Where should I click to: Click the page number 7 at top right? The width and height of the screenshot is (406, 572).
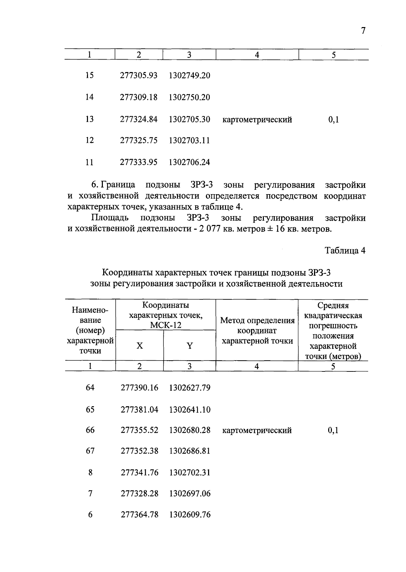click(363, 31)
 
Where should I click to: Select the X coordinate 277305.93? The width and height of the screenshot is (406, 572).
click(139, 75)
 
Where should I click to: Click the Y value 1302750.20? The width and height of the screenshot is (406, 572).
click(189, 97)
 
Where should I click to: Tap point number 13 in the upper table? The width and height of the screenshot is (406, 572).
click(89, 119)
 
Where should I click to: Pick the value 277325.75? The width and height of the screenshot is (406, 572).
click(139, 140)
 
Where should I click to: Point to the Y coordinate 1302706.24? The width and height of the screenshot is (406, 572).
click(189, 162)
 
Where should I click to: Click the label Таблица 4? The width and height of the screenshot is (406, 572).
click(345, 251)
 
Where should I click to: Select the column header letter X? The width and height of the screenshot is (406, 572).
click(139, 346)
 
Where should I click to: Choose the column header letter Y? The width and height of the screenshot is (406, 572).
click(190, 346)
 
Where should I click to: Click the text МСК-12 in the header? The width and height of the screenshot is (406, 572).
click(165, 325)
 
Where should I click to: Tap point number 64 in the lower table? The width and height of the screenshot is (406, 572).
click(90, 388)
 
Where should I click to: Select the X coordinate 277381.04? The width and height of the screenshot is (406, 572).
click(139, 410)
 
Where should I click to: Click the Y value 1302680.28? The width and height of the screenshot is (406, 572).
click(190, 430)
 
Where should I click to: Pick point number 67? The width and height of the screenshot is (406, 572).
click(90, 451)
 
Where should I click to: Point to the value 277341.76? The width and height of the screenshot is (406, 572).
click(139, 473)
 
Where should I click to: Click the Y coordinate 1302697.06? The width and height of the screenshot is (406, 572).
click(190, 494)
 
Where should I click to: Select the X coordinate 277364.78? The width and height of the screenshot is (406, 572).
click(139, 514)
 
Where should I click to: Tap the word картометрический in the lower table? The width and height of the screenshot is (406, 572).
click(257, 431)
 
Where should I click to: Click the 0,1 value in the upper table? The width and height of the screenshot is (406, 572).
click(333, 119)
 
